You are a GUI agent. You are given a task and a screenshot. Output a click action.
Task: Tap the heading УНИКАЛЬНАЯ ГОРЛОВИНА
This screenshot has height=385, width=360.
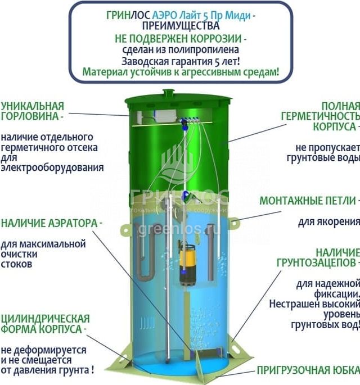coord(32,111)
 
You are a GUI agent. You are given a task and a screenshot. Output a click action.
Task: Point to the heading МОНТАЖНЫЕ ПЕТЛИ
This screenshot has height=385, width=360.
coord(307,201)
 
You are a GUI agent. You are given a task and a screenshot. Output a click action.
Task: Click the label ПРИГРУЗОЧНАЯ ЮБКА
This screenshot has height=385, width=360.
coord(308,370)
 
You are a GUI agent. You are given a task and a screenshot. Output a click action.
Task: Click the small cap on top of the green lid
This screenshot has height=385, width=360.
coord(169,92)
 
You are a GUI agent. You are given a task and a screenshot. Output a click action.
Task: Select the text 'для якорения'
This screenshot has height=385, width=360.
coord(328,221)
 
